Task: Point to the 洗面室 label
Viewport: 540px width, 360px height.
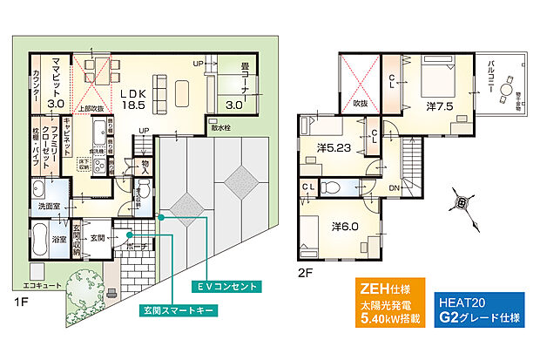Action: (45, 208)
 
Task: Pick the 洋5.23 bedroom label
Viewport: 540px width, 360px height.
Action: (334, 148)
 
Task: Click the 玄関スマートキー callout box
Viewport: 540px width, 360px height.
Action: (178, 309)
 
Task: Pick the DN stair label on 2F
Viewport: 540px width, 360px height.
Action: (393, 187)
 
